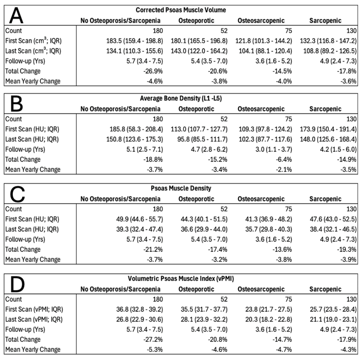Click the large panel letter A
tap(16, 16)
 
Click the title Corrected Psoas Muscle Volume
tap(181, 10)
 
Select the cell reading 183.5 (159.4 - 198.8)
tap(135, 41)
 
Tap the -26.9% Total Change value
tap(153, 71)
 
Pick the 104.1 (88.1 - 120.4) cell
tap(265, 51)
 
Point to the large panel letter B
tap(16, 104)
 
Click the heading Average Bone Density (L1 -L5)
tap(181, 98)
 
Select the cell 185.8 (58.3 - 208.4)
tap(136, 129)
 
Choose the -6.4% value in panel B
tap(283, 159)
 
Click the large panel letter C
tap(17, 194)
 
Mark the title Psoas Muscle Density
tap(181, 188)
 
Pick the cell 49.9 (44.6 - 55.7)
tap(140, 219)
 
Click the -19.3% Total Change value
tap(347, 249)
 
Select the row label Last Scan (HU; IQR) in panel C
tap(32, 229)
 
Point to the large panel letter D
tap(17, 284)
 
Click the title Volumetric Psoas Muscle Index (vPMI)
tap(181, 278)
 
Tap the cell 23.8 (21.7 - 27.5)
tap(269, 309)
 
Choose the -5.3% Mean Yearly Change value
tap(154, 350)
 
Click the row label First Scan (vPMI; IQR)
tap(34, 309)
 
